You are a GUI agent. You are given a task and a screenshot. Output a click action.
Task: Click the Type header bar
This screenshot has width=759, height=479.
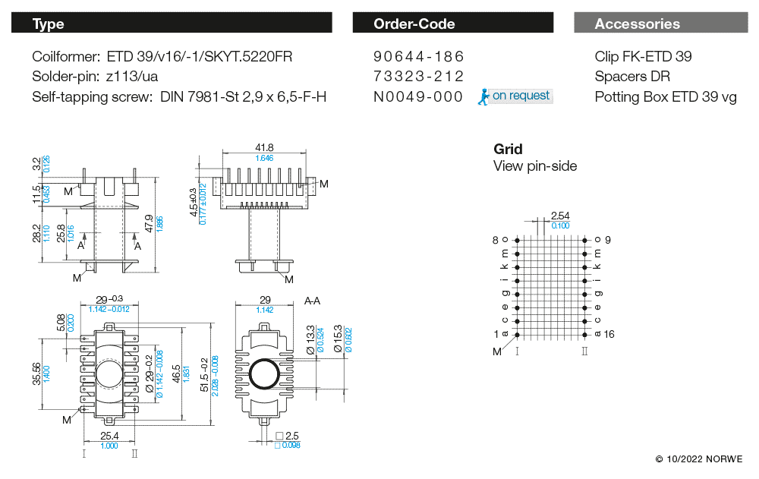pyautogui.click(x=172, y=24)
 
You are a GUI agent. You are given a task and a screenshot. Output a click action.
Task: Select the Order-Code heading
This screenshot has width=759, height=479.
pyautogui.click(x=414, y=24)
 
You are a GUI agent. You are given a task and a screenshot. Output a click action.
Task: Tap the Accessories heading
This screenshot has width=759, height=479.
pyautogui.click(x=638, y=24)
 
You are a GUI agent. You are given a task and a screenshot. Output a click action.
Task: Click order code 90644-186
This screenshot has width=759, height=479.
pyautogui.click(x=418, y=57)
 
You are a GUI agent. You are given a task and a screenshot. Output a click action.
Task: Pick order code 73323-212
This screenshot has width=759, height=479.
pyautogui.click(x=418, y=77)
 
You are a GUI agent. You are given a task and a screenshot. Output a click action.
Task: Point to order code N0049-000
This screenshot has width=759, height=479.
pyautogui.click(x=418, y=97)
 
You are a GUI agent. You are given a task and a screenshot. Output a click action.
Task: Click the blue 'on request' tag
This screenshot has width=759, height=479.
pyautogui.click(x=515, y=96)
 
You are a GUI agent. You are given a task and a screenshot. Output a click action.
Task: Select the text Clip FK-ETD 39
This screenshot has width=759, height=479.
pyautogui.click(x=643, y=57)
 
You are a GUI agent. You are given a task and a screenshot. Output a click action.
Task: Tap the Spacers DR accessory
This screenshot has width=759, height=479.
pyautogui.click(x=632, y=77)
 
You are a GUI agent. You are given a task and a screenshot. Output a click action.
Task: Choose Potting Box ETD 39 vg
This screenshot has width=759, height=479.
pyautogui.click(x=666, y=97)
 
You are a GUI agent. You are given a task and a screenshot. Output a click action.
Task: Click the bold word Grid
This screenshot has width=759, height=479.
pyautogui.click(x=508, y=149)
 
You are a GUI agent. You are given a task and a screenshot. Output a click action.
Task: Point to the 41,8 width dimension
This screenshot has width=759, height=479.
pyautogui.click(x=264, y=147)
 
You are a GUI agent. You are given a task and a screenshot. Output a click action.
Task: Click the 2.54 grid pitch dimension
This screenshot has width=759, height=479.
pyautogui.click(x=560, y=216)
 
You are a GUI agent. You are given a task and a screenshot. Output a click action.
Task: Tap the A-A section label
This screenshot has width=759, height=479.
pyautogui.click(x=313, y=301)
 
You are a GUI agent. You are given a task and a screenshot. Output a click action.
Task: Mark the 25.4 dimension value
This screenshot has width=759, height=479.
pyautogui.click(x=109, y=436)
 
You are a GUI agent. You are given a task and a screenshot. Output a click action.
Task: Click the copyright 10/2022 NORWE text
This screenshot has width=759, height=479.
pyautogui.click(x=699, y=459)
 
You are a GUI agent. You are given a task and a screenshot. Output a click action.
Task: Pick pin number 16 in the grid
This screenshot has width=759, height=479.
pyautogui.click(x=608, y=335)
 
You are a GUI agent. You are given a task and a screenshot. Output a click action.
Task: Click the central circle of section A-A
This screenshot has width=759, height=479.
pyautogui.click(x=264, y=373)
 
